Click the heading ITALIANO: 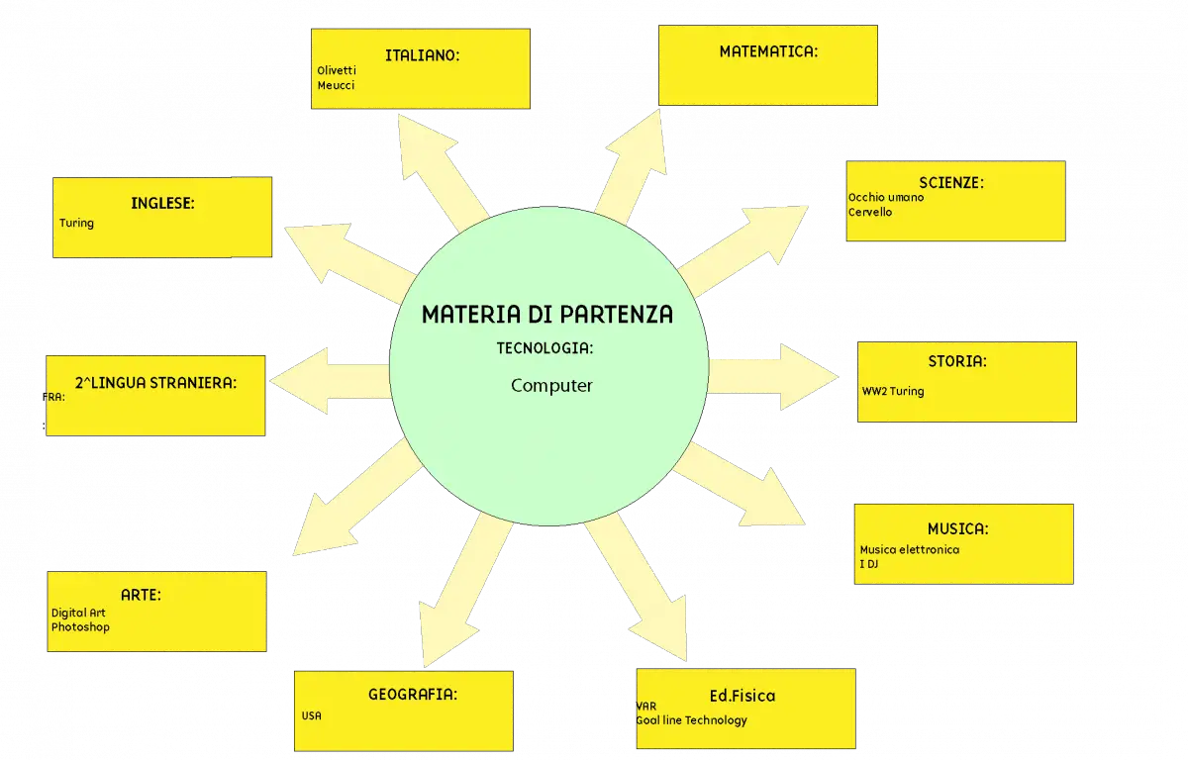pyautogui.click(x=422, y=55)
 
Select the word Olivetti pyautogui.click(x=337, y=70)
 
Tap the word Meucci pyautogui.click(x=336, y=85)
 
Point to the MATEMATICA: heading pyautogui.click(x=768, y=51)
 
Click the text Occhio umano pyautogui.click(x=886, y=197)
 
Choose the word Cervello pyautogui.click(x=870, y=212)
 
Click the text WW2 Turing pyautogui.click(x=893, y=391)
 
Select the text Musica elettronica pyautogui.click(x=910, y=549)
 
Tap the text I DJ pyautogui.click(x=869, y=564)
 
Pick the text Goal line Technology pyautogui.click(x=691, y=720)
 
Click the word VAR pyautogui.click(x=645, y=706)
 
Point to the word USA pyautogui.click(x=311, y=715)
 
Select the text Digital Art pyautogui.click(x=78, y=613)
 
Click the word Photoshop pyautogui.click(x=80, y=627)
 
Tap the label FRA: pyautogui.click(x=53, y=397)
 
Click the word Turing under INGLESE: pyautogui.click(x=76, y=223)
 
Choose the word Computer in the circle pyautogui.click(x=551, y=386)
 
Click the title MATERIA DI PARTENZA pyautogui.click(x=547, y=315)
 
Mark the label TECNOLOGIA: pyautogui.click(x=544, y=348)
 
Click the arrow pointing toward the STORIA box pyautogui.click(x=774, y=377)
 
